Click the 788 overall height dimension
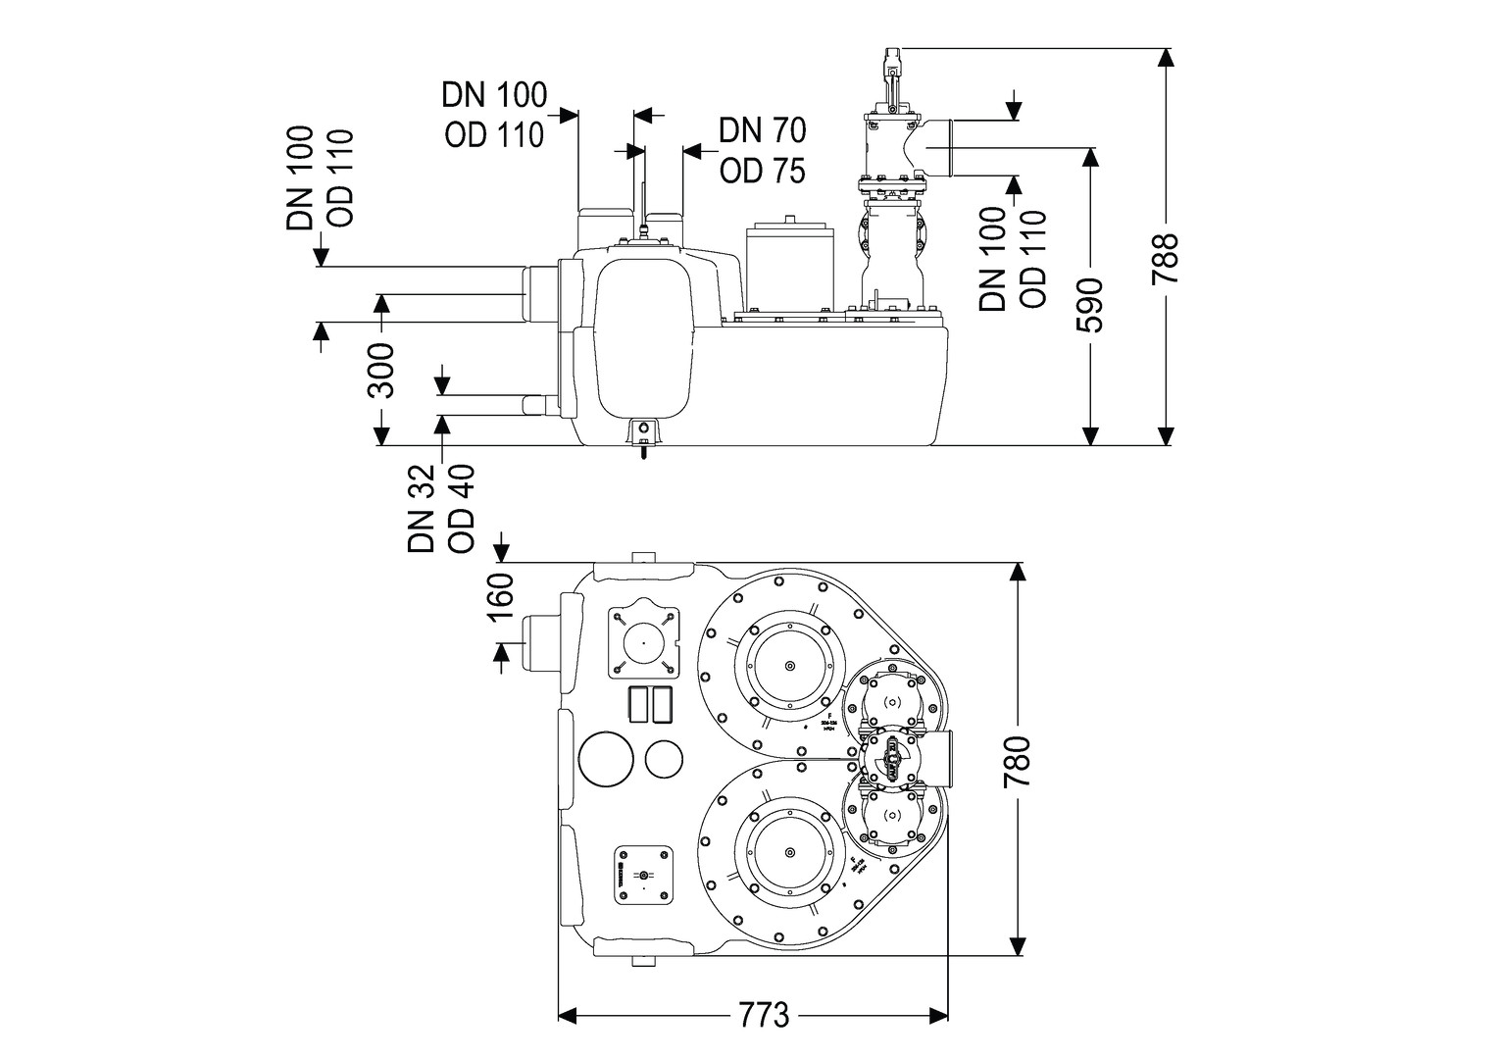1165,259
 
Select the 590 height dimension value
1089,306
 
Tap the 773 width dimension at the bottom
765,1014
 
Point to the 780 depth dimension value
1019,761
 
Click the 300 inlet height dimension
381,370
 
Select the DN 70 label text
762,129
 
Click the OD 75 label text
762,171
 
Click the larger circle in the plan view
609,759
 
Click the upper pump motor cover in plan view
789,667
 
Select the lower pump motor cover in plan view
789,855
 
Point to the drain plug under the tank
643,437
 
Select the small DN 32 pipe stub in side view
538,405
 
